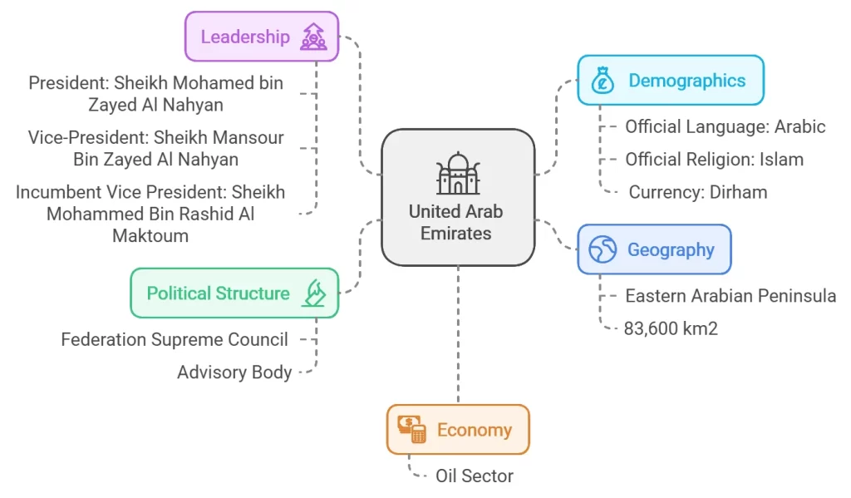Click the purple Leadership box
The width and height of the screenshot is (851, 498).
(x=261, y=37)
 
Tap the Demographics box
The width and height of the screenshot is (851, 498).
(x=670, y=81)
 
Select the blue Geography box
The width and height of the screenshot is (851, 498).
(x=654, y=249)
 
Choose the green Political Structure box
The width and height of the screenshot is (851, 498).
(x=234, y=293)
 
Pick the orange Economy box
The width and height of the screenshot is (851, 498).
(x=457, y=430)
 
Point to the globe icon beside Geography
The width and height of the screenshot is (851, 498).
(x=602, y=249)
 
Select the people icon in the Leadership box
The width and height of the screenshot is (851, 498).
(x=313, y=37)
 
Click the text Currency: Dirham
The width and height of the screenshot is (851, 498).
(x=697, y=192)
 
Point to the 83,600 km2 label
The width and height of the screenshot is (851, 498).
(x=671, y=328)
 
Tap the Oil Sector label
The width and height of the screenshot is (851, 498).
(x=475, y=476)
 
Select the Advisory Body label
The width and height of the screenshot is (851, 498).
(x=234, y=372)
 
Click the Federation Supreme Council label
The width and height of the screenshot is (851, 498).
(x=175, y=339)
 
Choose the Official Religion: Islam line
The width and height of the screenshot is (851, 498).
(x=714, y=159)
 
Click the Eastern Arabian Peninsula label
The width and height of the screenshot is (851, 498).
(x=730, y=296)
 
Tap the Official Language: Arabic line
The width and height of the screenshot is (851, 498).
(x=725, y=126)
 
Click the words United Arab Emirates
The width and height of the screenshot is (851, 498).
(x=455, y=222)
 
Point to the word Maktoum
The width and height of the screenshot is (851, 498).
(x=150, y=235)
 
